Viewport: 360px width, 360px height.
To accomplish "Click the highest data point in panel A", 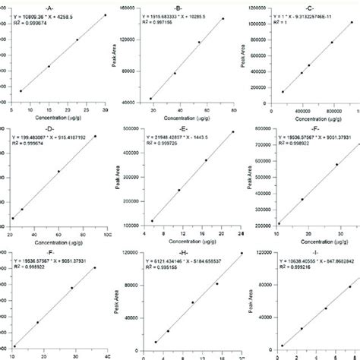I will [x=106, y=14].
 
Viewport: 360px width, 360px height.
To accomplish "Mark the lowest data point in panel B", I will [x=150, y=99].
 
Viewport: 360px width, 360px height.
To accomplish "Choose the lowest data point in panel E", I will [x=152, y=221].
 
